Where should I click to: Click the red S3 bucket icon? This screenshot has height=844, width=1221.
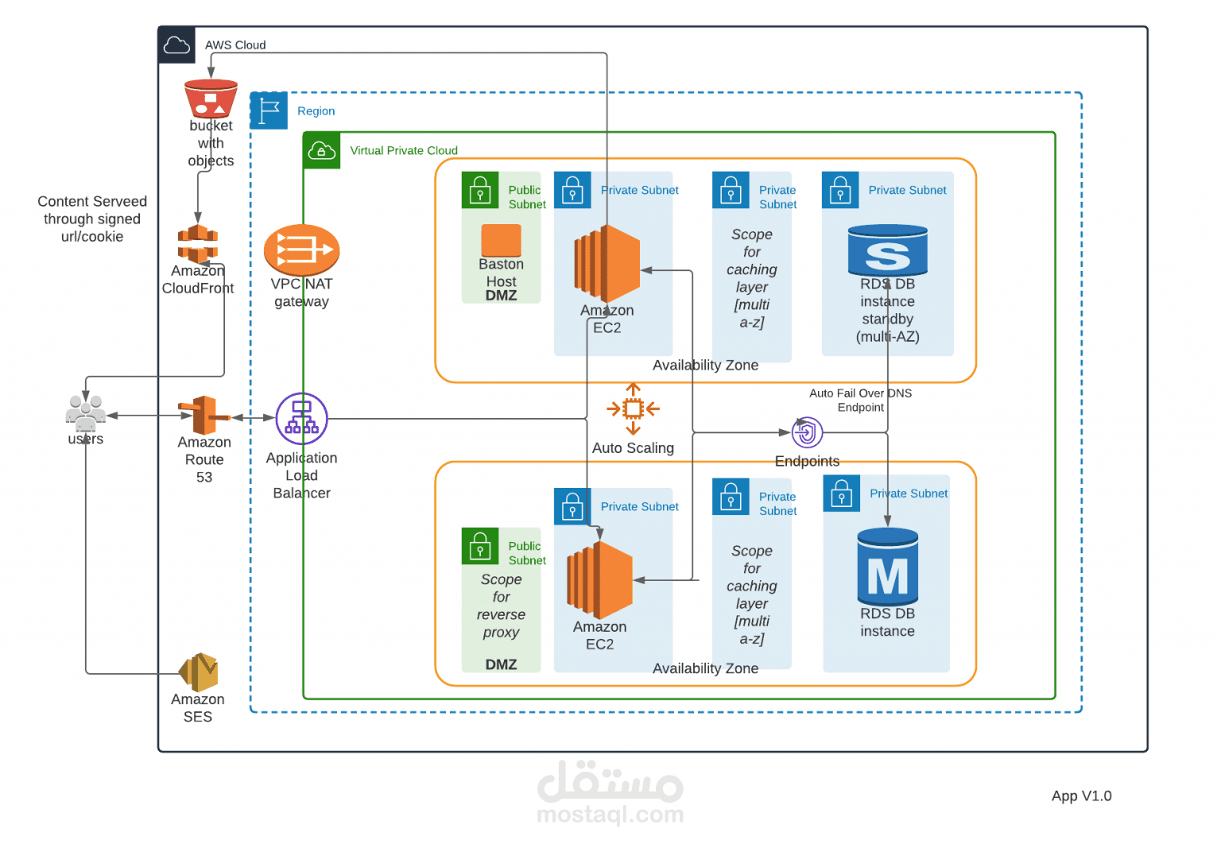point(211,99)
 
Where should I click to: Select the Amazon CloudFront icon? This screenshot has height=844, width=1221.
point(198,243)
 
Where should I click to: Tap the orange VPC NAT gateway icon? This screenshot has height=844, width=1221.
point(301,250)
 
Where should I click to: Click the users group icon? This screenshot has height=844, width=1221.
point(85,412)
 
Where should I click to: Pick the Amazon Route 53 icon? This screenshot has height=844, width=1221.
point(203,415)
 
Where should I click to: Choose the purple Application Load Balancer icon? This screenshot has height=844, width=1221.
point(301,418)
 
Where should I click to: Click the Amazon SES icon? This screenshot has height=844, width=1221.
point(199,672)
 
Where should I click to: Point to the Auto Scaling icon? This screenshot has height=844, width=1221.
point(633,409)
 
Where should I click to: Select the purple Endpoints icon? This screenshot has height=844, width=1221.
point(807,433)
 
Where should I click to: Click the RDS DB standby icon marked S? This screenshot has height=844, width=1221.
point(887,250)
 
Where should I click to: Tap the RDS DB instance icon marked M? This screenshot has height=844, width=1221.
point(887,567)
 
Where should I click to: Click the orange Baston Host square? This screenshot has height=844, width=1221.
point(501,240)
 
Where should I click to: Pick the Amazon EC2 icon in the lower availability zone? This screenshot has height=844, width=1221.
point(600,580)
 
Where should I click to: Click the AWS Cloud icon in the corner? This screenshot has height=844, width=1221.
point(176,45)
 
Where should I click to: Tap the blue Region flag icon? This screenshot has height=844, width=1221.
point(269,110)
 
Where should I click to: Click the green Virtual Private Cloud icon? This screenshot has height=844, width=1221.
point(322,150)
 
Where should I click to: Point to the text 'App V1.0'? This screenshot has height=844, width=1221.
point(1081,796)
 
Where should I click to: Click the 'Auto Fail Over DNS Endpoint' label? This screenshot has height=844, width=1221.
point(860,400)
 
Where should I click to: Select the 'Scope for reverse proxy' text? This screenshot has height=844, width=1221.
point(501,606)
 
